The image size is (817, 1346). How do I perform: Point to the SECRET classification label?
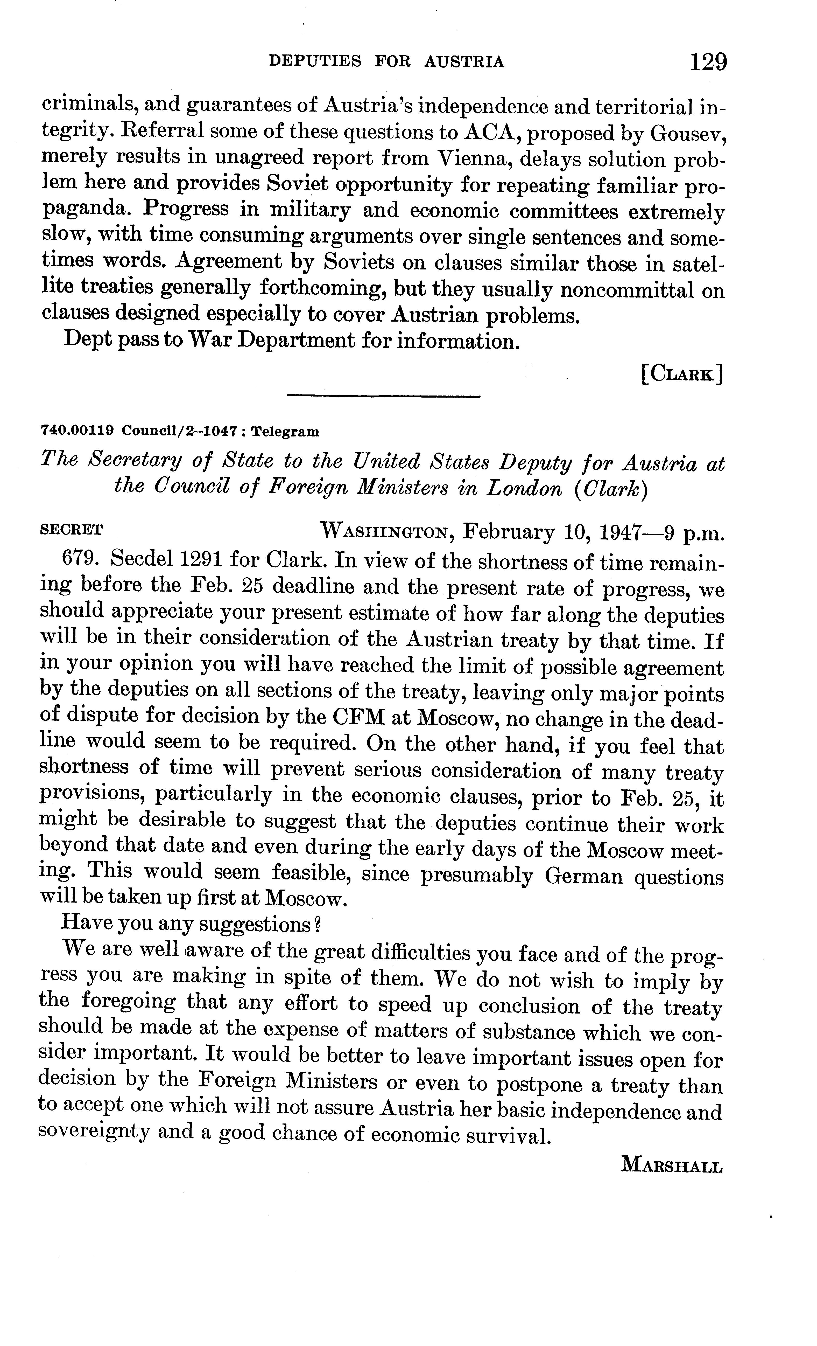[x=72, y=529]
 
